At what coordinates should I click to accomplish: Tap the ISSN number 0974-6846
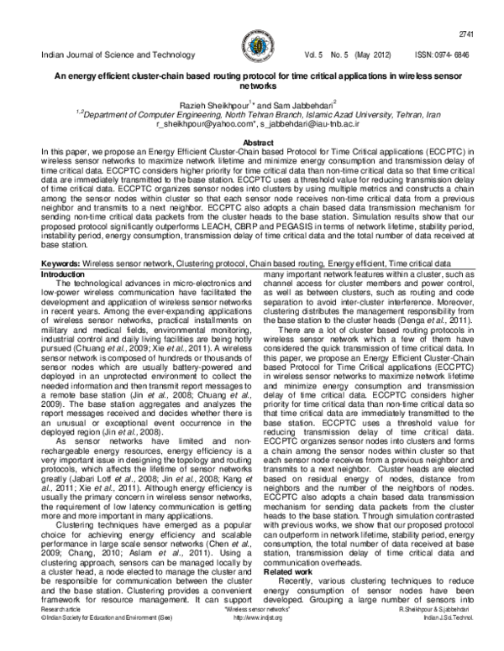tap(454, 53)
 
